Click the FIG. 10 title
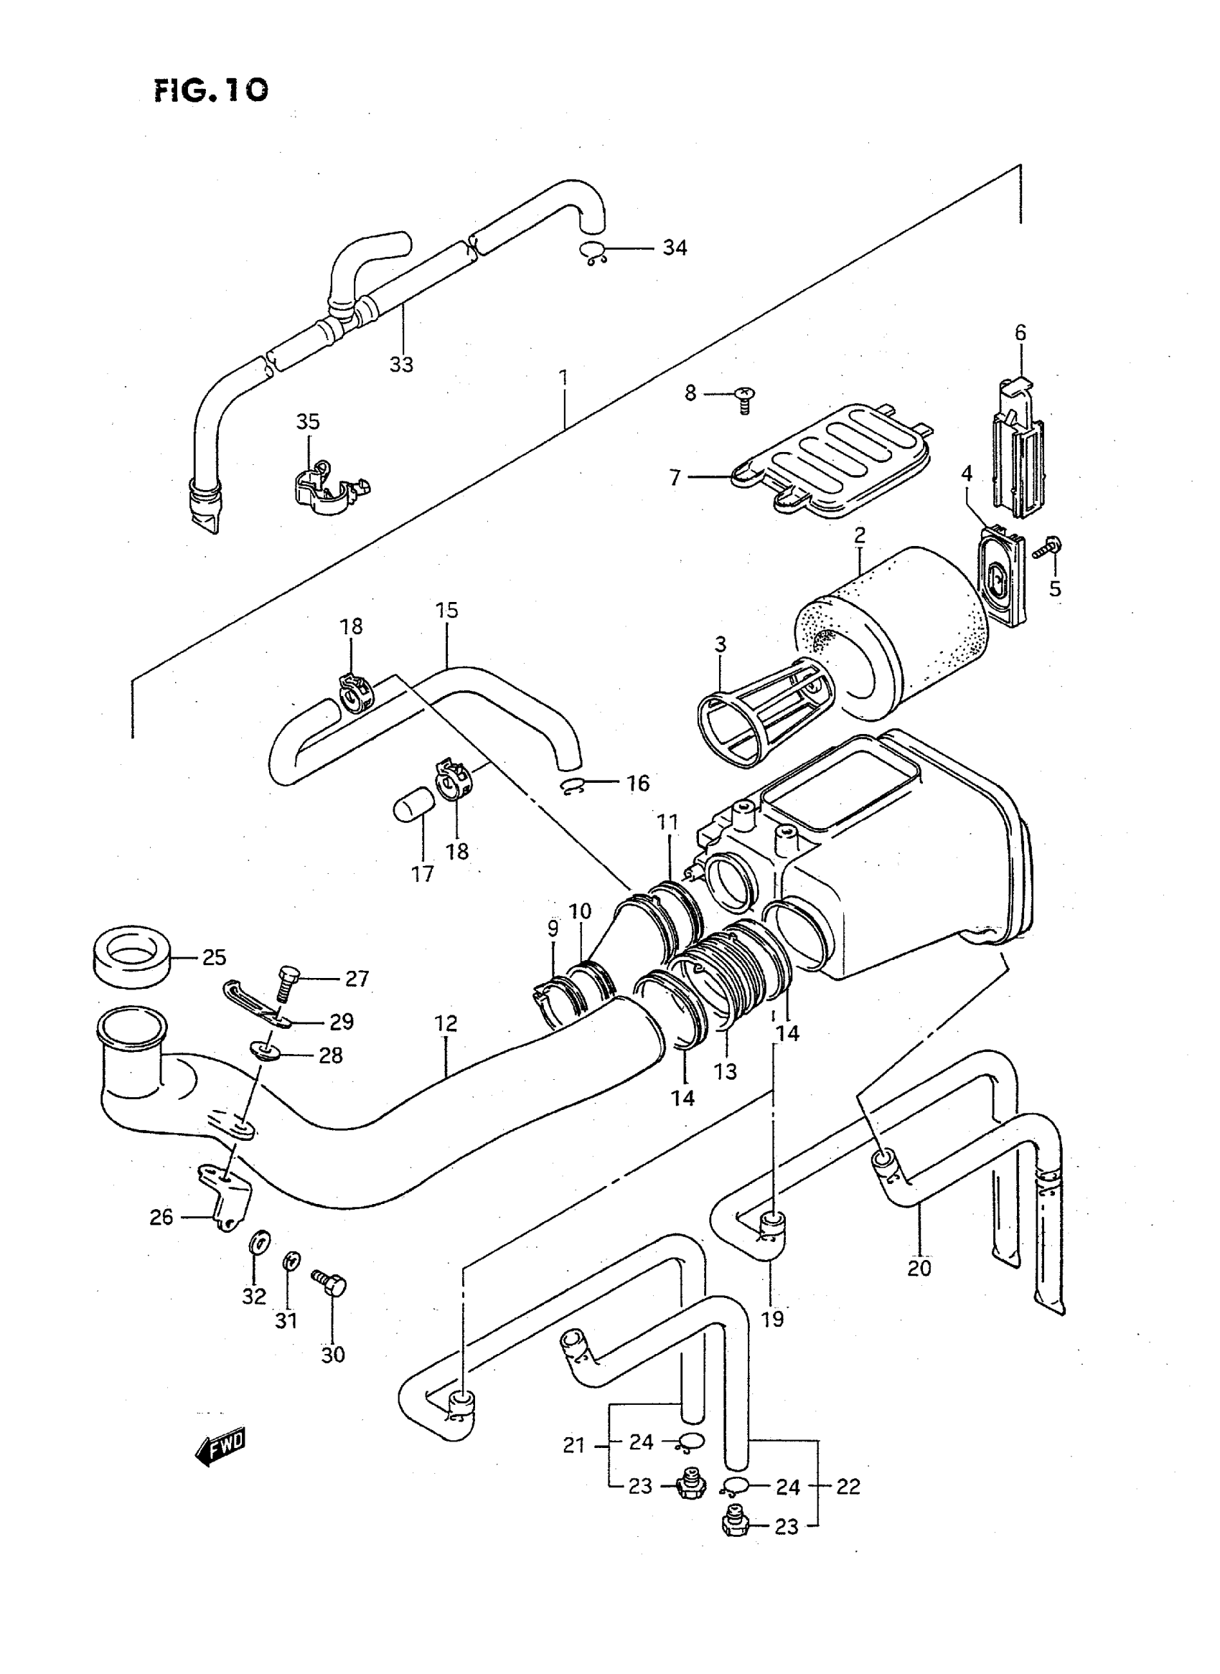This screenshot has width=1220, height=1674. coord(211,90)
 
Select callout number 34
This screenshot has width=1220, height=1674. coord(675,248)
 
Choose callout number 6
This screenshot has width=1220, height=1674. coord(1020,332)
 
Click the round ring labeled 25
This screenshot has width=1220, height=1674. coord(133,958)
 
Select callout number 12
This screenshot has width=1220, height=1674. coord(446,1024)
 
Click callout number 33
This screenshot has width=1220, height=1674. coord(401,365)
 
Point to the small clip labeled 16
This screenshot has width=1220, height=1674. coord(573,788)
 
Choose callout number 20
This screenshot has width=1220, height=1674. coord(919,1268)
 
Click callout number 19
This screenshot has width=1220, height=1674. coord(772,1319)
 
